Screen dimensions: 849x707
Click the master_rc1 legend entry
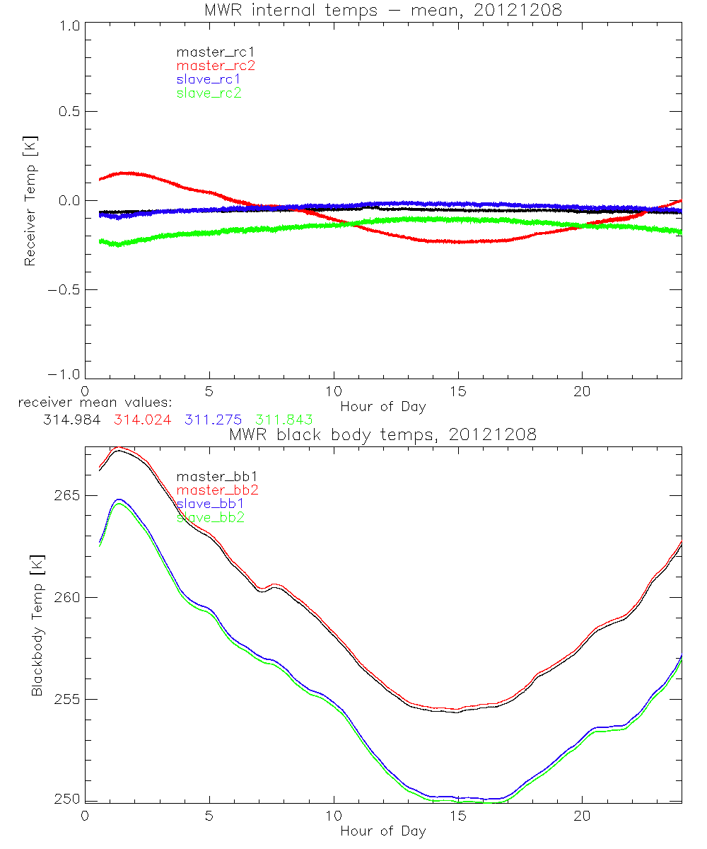pyautogui.click(x=209, y=52)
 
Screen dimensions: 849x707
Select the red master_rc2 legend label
pyautogui.click(x=215, y=65)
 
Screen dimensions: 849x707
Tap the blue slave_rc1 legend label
pyautogui.click(x=209, y=79)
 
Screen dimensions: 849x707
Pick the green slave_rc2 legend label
pyautogui.click(x=209, y=92)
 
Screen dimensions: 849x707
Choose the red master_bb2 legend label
pyautogui.click(x=218, y=490)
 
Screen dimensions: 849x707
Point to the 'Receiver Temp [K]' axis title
pyautogui.click(x=30, y=201)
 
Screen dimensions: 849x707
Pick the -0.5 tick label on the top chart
pyautogui.click(x=62, y=290)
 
